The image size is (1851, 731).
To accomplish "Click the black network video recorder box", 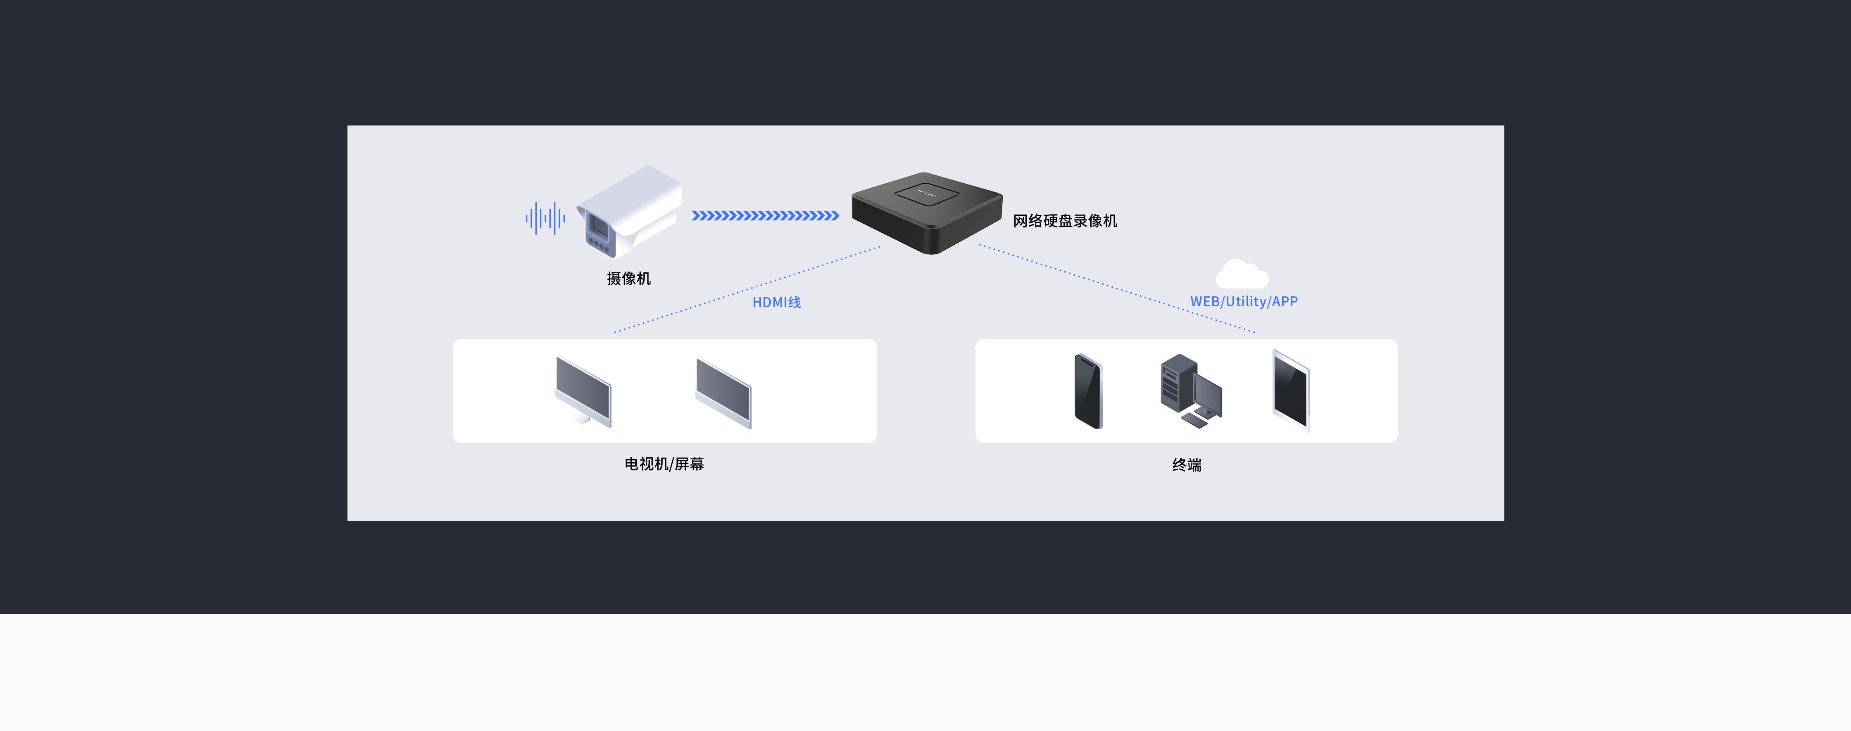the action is [927, 213].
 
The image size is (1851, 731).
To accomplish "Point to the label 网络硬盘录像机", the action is [1065, 220].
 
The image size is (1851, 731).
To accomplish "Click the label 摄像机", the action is [629, 279].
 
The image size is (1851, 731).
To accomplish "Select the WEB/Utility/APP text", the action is [1244, 302].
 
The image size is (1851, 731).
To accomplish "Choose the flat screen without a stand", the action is [723, 393].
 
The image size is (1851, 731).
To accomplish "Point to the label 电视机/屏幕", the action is [664, 464].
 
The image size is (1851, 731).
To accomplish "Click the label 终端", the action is [1186, 465].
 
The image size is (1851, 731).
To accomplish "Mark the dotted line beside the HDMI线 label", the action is [747, 289].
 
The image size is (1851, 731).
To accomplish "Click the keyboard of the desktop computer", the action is [1194, 421].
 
